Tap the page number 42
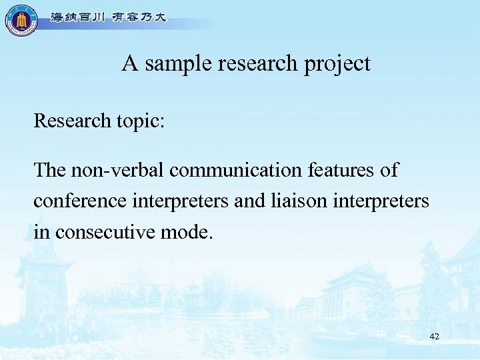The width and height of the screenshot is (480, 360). point(435,337)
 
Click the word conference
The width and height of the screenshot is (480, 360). point(73,201)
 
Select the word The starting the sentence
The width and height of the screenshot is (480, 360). point(49,170)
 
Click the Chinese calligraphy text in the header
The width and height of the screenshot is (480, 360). point(109,18)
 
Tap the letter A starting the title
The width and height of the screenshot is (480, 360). point(129,64)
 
